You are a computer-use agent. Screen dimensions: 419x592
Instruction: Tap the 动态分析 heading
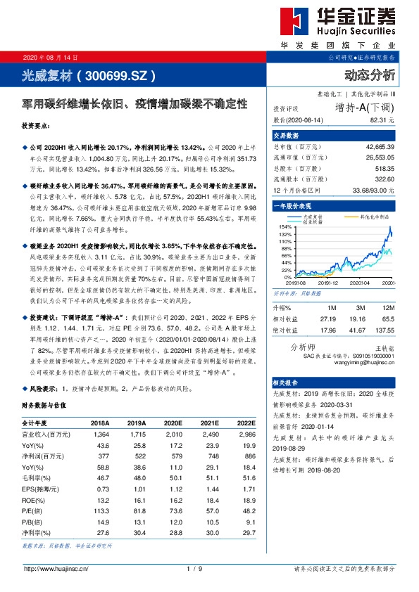[x=370, y=74]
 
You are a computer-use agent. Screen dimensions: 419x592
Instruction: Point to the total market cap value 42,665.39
[x=380, y=146]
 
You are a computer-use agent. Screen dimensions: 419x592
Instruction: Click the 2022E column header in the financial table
[x=244, y=423]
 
